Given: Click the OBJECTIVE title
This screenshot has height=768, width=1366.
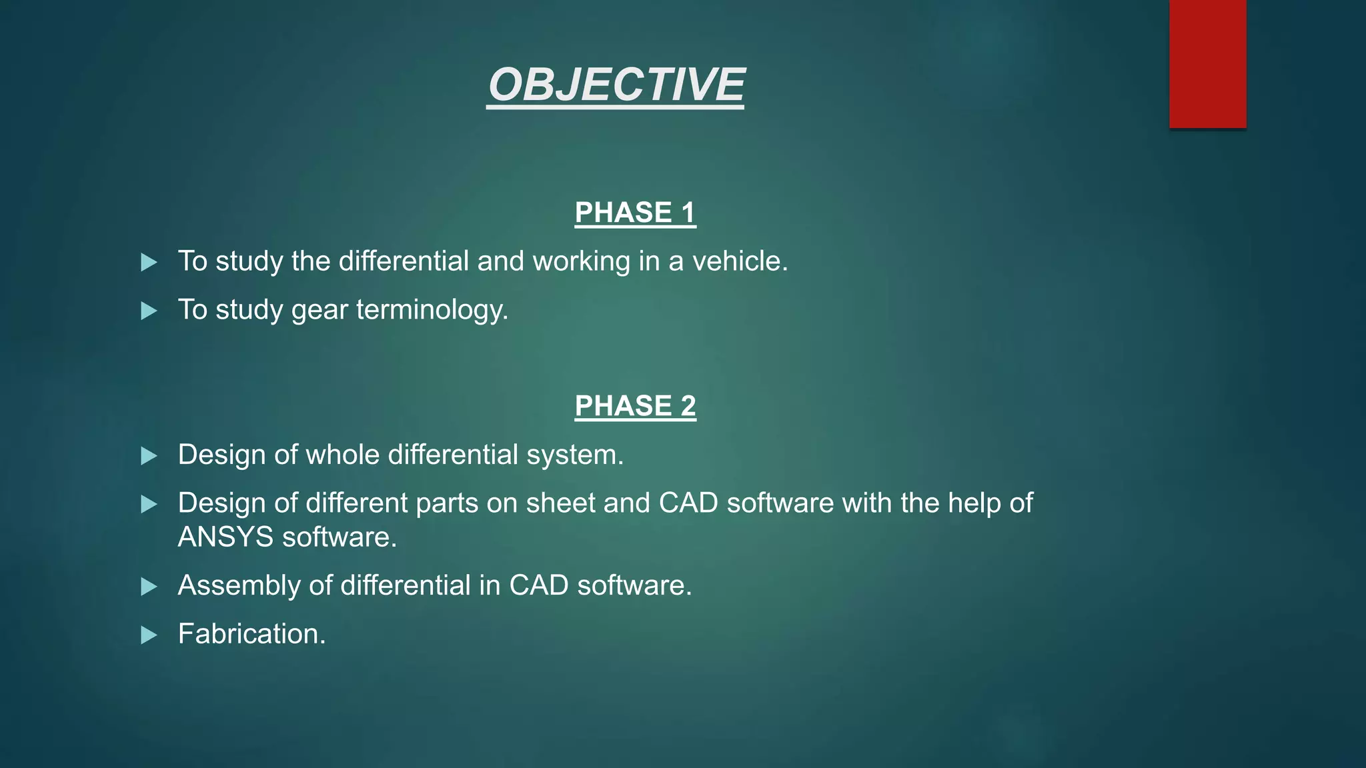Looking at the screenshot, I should [616, 85].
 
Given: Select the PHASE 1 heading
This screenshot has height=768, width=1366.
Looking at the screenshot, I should [635, 213].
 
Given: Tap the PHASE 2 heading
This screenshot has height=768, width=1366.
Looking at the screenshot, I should [635, 406].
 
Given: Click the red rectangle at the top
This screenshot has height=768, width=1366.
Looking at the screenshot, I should [1207, 63].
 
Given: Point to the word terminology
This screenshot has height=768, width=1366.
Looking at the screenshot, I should [432, 310].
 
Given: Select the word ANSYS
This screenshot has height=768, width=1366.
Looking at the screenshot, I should [225, 537].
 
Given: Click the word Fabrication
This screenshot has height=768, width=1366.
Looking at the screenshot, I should [251, 634].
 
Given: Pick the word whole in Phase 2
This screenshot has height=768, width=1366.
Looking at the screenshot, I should [343, 455].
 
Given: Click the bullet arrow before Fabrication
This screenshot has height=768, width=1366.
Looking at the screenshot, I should [149, 635].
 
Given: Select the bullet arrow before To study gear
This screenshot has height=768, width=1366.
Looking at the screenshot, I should [149, 311].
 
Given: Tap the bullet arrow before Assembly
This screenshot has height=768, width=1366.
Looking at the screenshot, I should [149, 587].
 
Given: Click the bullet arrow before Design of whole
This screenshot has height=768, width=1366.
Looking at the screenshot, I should [149, 457].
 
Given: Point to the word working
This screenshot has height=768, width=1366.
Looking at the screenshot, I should [581, 261].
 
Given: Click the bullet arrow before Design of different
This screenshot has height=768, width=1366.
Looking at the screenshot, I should [149, 505].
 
